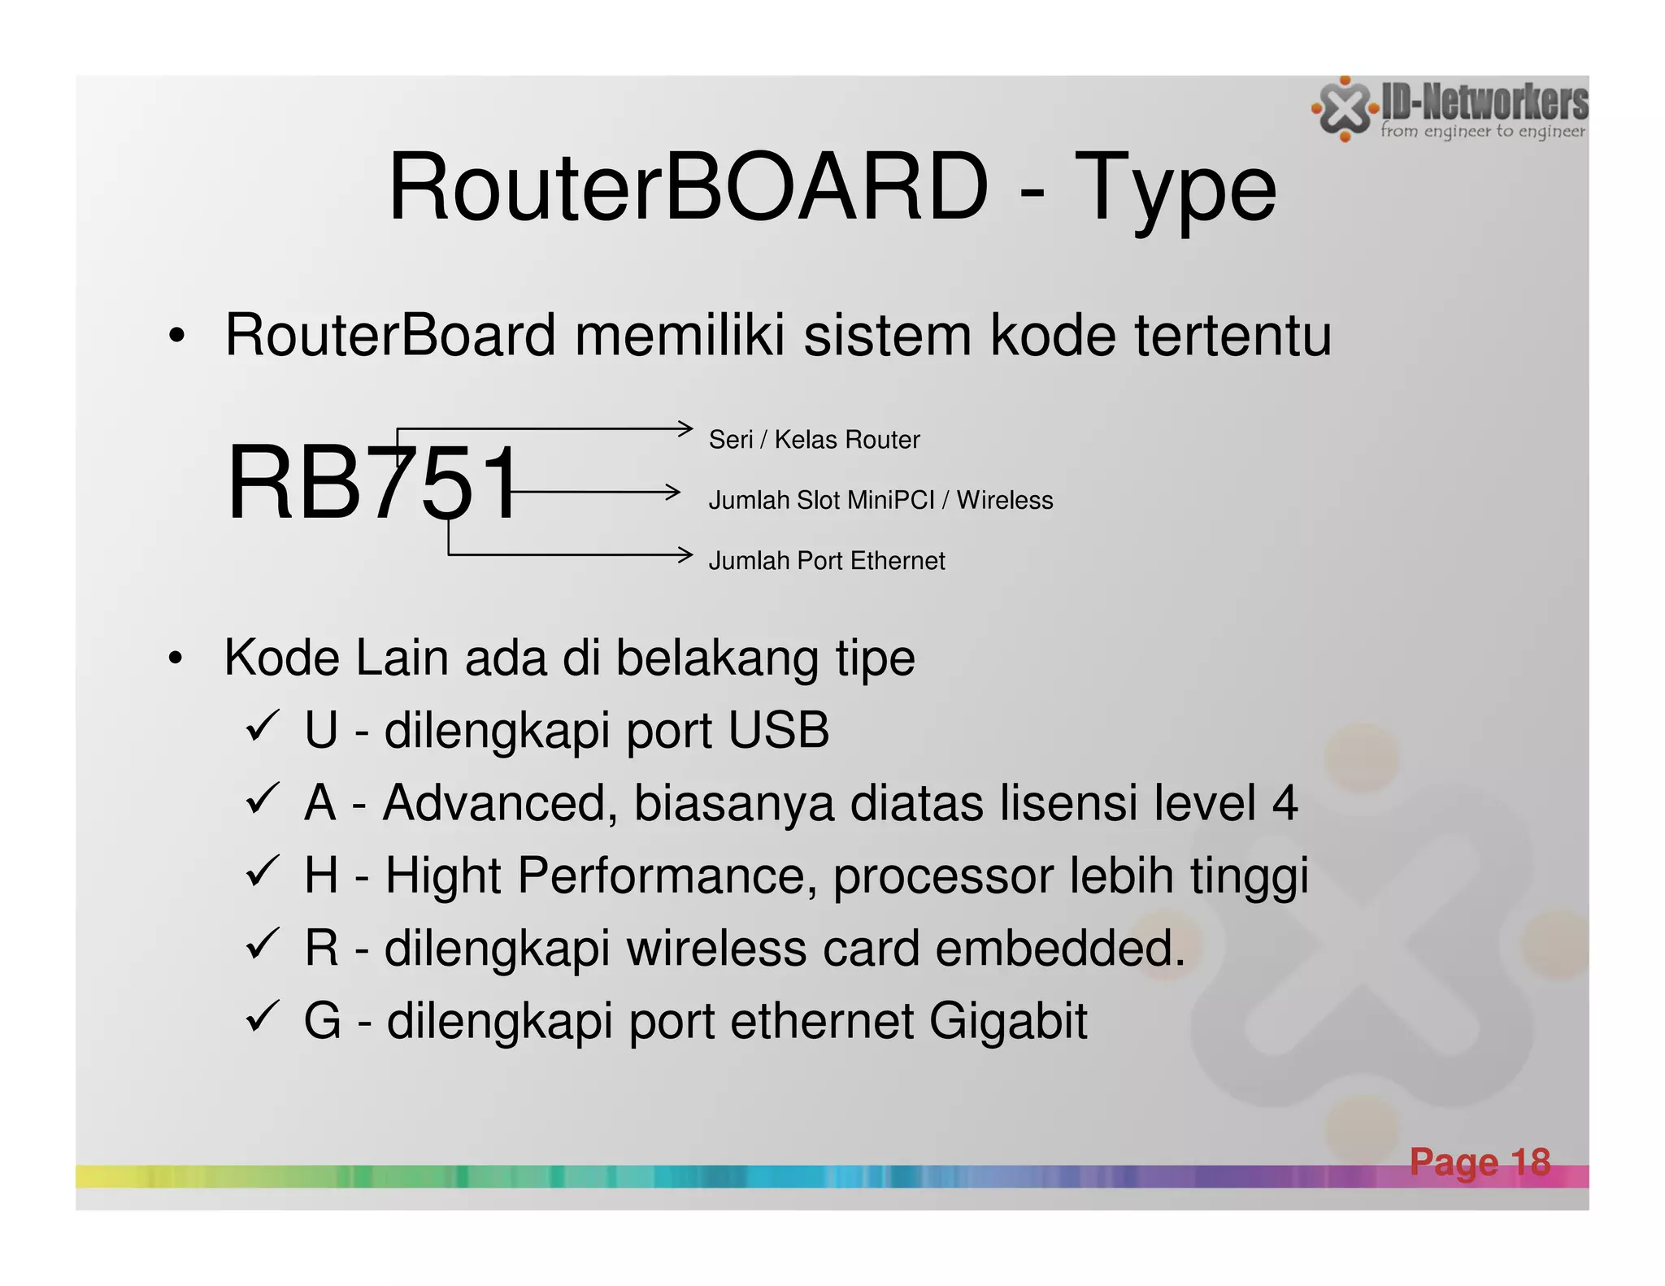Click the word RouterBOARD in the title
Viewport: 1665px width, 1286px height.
688,188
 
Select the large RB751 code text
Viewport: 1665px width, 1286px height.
373,483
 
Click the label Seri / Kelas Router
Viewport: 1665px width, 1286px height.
814,440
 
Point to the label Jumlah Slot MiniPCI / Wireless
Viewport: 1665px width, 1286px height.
880,500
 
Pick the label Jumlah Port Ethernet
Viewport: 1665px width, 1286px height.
827,561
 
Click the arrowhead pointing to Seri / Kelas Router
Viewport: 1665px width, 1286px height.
686,428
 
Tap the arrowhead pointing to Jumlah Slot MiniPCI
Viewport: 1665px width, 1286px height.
673,492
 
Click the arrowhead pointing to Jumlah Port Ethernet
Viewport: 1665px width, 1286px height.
686,555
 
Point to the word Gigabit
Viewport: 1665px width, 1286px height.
1007,1022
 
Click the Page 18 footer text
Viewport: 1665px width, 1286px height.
1480,1162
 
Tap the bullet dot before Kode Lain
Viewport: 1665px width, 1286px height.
176,659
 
